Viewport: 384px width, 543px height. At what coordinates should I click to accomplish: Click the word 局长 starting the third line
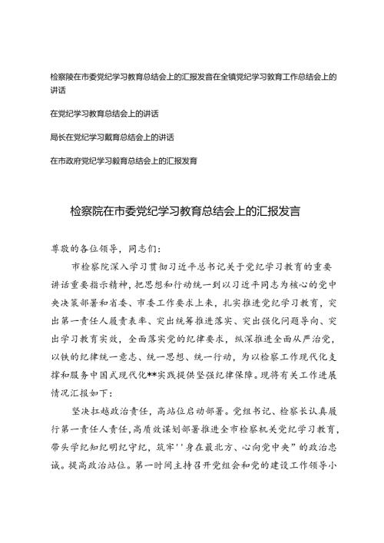tap(55, 137)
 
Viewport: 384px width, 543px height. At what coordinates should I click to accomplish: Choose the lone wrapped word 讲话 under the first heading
tap(55, 91)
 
